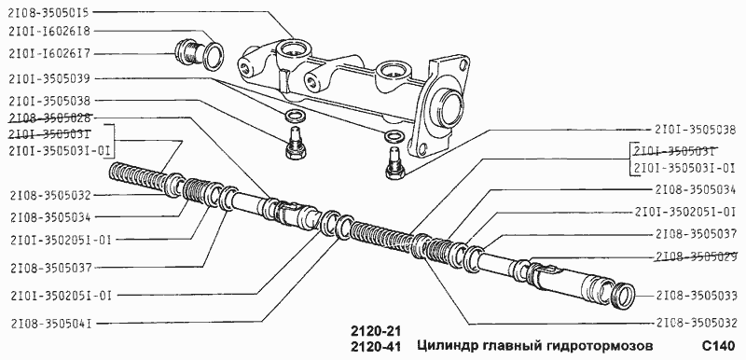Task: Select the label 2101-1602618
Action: [48, 32]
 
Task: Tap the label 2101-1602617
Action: [48, 53]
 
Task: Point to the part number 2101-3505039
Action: [48, 78]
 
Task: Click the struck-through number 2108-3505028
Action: [48, 118]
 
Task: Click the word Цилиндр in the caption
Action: [444, 347]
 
